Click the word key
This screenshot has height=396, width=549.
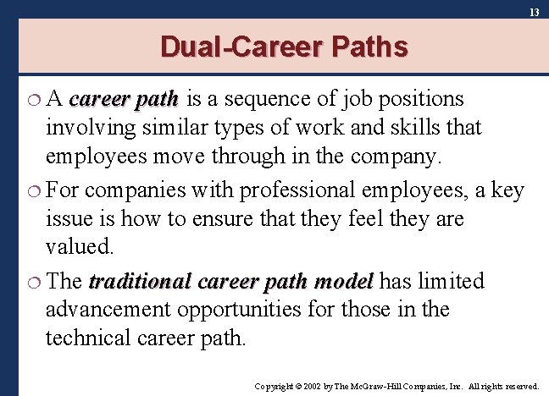tap(507, 191)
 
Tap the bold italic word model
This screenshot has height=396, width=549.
tap(344, 282)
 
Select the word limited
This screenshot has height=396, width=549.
tap(452, 282)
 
